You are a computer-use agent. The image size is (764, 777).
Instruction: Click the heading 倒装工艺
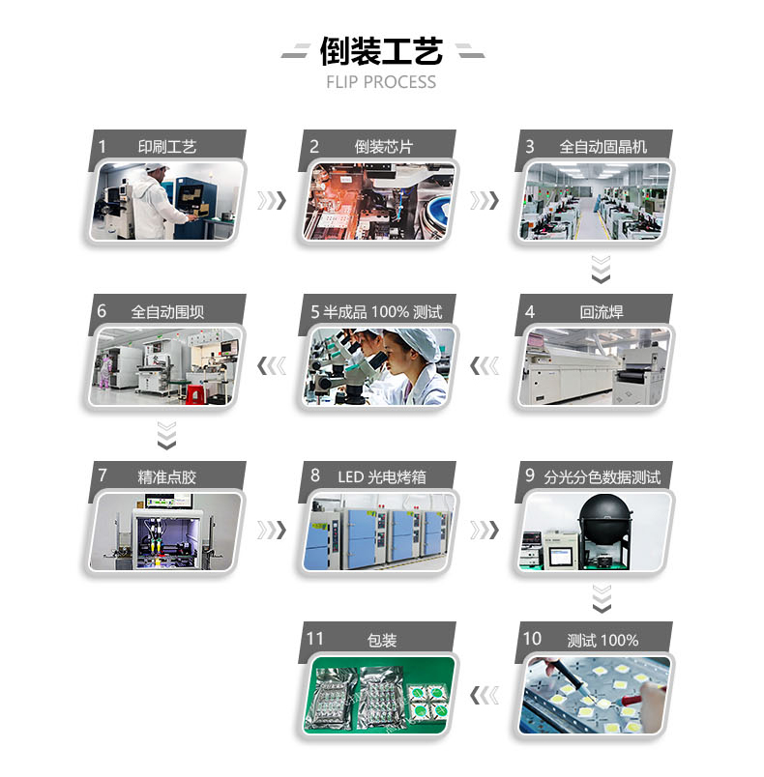[381, 51]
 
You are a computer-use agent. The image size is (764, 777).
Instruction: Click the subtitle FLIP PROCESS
[381, 82]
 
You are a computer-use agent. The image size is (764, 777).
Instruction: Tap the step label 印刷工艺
[167, 147]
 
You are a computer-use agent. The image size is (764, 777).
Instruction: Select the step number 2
[314, 146]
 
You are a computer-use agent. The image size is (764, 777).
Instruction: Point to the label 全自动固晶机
[602, 147]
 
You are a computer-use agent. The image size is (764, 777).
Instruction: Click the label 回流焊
[602, 312]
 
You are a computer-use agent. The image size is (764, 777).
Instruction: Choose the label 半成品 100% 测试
[382, 312]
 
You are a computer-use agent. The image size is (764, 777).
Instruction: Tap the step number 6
[102, 311]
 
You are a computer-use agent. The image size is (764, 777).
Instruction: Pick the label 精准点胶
[167, 477]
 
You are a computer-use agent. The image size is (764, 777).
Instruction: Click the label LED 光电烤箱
[382, 476]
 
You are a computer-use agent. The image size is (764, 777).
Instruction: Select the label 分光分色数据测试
[602, 477]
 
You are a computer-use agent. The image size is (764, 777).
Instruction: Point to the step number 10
[532, 639]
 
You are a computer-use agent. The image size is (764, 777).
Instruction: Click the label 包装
[382, 640]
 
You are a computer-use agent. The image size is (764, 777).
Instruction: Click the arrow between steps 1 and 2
[272, 201]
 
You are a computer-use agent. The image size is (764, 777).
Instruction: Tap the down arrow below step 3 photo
[601, 270]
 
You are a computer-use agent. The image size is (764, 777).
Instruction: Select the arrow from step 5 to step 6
[272, 366]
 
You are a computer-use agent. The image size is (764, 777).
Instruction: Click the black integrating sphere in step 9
[605, 516]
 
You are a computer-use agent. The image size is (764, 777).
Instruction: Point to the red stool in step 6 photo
[194, 394]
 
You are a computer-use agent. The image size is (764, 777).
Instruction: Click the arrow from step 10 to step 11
[485, 695]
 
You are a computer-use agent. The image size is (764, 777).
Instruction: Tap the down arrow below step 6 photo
[166, 436]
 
